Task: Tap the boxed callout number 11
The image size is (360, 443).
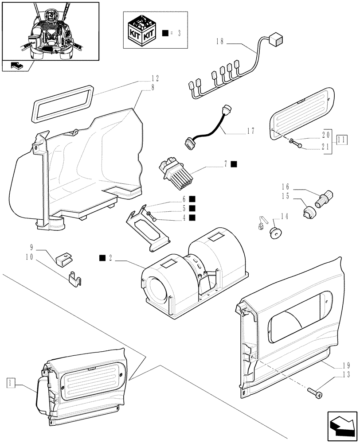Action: pyautogui.click(x=341, y=140)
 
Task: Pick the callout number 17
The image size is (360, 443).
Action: pyautogui.click(x=251, y=131)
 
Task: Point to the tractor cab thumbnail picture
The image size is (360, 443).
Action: pyautogui.click(x=50, y=31)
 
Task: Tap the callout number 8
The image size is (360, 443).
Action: pyautogui.click(x=153, y=88)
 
